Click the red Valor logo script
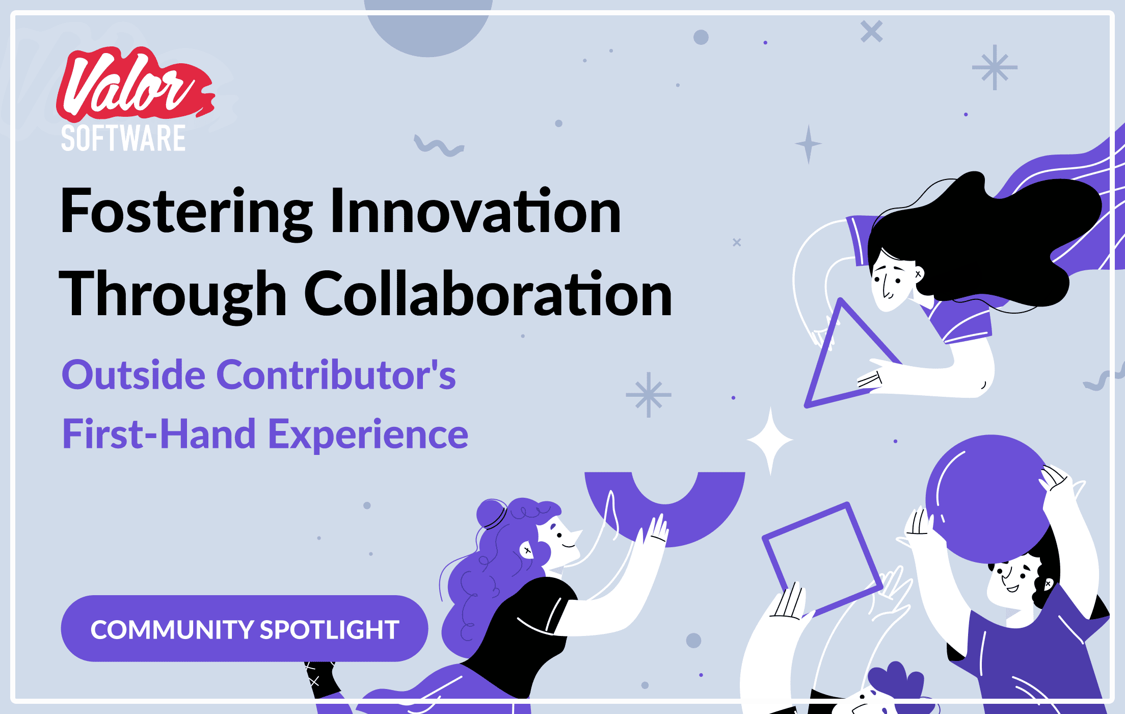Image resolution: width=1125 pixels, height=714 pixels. point(135,85)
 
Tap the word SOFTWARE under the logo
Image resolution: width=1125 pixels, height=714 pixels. point(123,138)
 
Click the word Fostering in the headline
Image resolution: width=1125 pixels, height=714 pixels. point(186,212)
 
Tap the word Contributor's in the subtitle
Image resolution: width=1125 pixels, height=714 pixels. point(336,375)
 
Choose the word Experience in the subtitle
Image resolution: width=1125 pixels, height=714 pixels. point(368,435)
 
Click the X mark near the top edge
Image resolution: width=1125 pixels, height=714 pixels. point(871,32)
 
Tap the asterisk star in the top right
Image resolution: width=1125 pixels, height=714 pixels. point(995,67)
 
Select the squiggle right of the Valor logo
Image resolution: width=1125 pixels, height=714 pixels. point(439,146)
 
